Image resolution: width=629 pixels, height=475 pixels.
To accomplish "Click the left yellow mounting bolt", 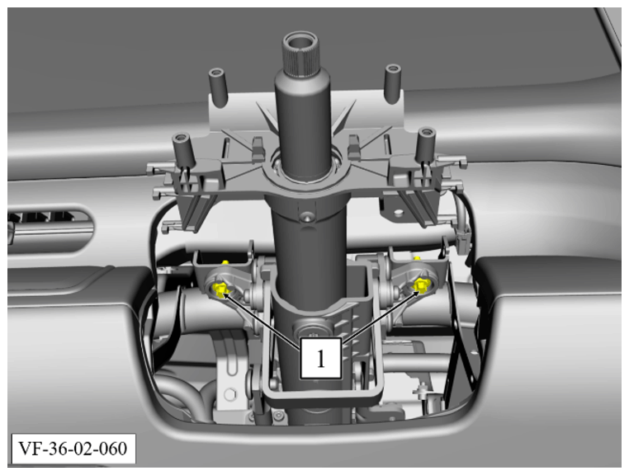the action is pyautogui.click(x=220, y=289).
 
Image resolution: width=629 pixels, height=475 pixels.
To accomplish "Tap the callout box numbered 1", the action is pyautogui.click(x=321, y=359).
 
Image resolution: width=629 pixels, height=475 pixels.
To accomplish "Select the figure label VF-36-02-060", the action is pyautogui.click(x=73, y=449).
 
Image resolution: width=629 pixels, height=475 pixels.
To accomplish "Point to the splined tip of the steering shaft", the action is pyautogui.click(x=300, y=51).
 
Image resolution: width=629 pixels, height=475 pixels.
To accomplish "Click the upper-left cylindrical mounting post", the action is pyautogui.click(x=218, y=87).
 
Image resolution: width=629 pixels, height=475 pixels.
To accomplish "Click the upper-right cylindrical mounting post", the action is pyautogui.click(x=393, y=83).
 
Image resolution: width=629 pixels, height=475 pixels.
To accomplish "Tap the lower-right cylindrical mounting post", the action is pyautogui.click(x=426, y=144).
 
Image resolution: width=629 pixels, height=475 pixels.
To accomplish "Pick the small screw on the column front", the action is pyautogui.click(x=307, y=217).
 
